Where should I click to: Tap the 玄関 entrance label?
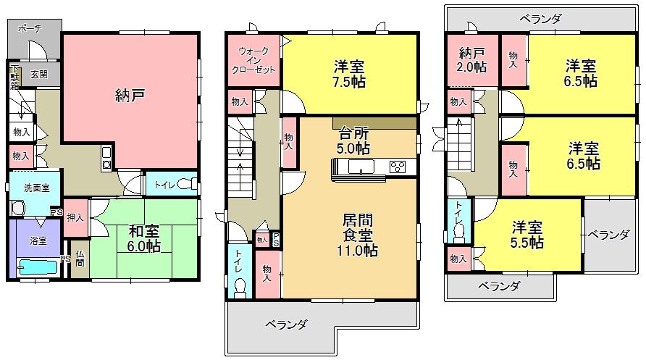click(x=39, y=73)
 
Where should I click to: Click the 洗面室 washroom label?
click(x=36, y=188)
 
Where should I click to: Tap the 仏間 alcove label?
click(x=80, y=258)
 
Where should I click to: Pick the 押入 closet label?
click(x=75, y=217)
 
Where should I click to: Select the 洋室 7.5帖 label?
click(x=350, y=73)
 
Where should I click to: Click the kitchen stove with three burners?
click(x=398, y=168)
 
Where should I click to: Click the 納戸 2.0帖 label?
click(x=472, y=59)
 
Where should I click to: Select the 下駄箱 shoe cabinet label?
click(x=14, y=77)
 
